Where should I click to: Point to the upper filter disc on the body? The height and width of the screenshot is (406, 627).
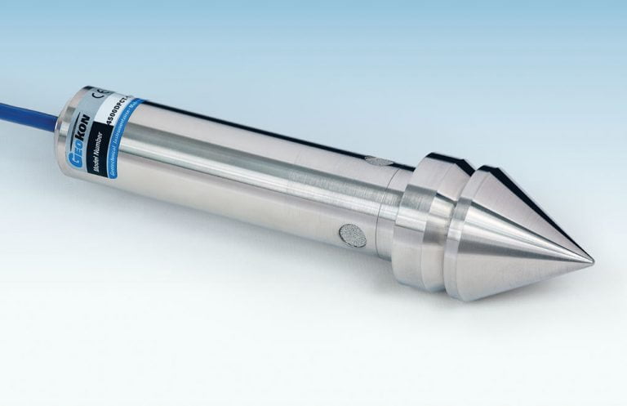coord(375,161)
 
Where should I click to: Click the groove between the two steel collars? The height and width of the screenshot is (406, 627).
coord(457,221)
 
